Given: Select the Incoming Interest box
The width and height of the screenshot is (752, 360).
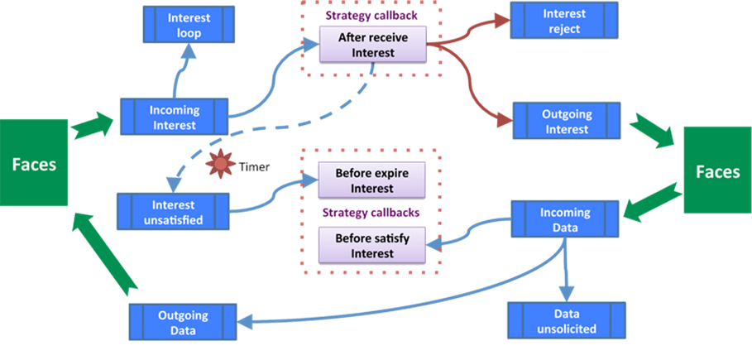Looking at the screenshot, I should coord(173,117).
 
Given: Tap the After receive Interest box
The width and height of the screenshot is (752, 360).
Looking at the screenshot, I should coord(372,45).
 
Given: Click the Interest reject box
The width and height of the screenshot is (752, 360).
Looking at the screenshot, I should coord(564,22).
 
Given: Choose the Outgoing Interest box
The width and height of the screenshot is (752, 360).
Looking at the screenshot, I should coord(567,121).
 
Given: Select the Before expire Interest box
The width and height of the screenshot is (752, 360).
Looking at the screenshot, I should coord(372,181).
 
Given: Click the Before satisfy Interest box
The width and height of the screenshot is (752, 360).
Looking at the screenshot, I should coord(372,246).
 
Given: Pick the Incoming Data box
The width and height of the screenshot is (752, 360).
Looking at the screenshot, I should coord(565,219).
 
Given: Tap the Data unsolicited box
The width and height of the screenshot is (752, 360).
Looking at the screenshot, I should coord(565,321).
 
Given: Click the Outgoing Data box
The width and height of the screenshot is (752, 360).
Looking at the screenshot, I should coord(183,322).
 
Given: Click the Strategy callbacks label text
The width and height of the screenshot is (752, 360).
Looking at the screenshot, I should coord(371,212).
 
